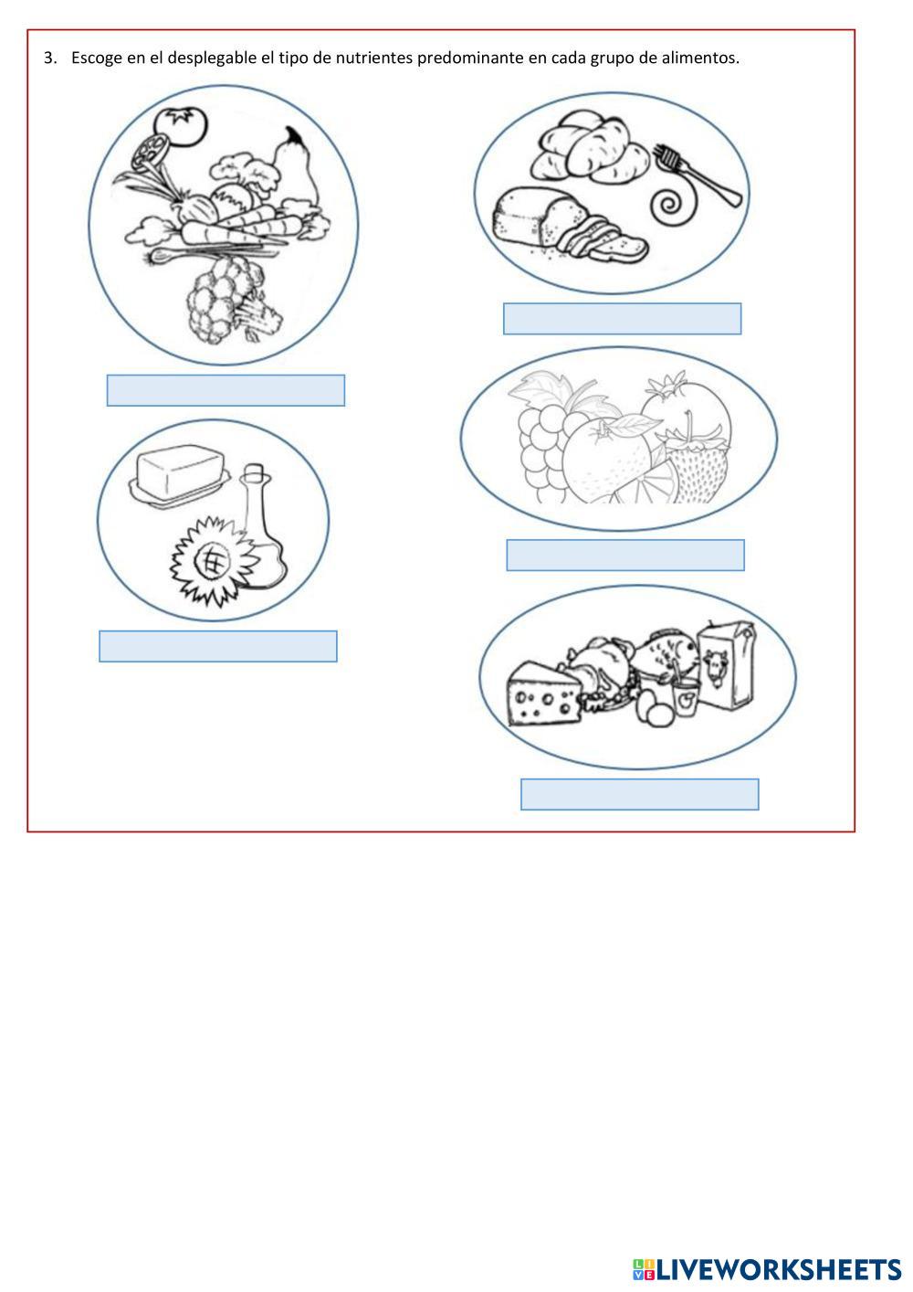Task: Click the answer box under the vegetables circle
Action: click(226, 390)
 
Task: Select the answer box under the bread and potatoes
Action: click(623, 318)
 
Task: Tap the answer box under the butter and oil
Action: click(218, 646)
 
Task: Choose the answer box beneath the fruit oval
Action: click(625, 555)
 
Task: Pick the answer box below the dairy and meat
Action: click(640, 794)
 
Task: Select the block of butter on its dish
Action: click(179, 476)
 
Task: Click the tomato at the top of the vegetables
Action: click(182, 125)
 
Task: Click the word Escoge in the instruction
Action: click(97, 58)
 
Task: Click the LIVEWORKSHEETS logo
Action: click(767, 1269)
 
